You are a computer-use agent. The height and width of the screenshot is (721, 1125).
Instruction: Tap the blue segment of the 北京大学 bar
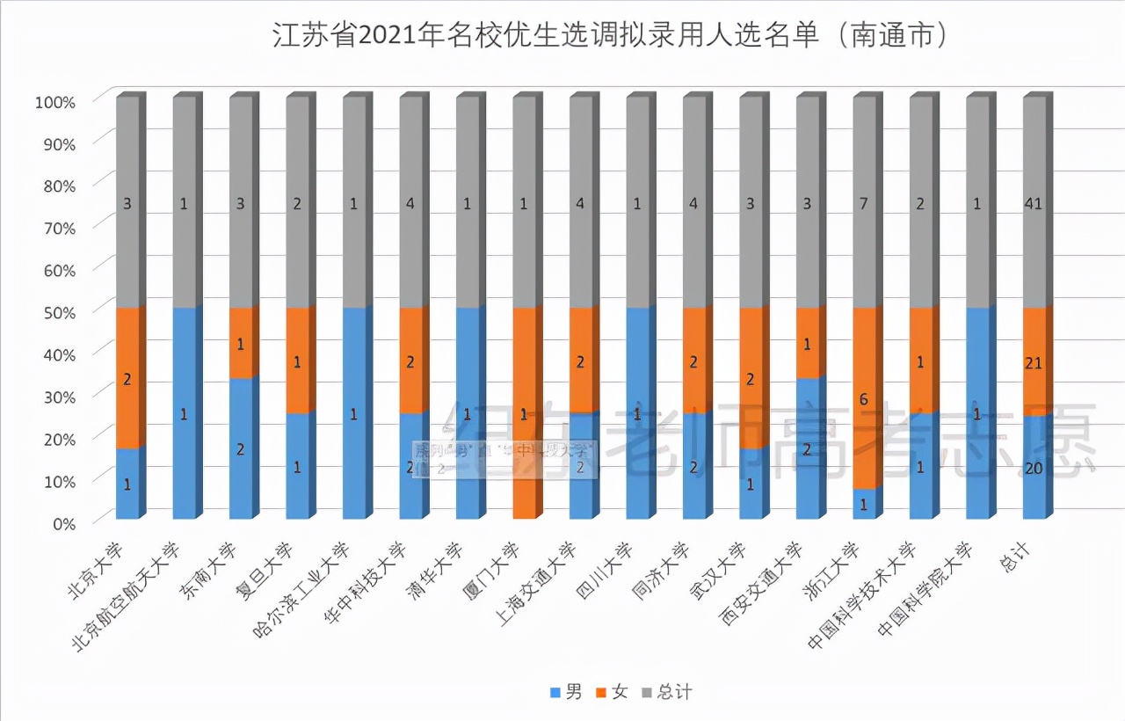pyautogui.click(x=127, y=484)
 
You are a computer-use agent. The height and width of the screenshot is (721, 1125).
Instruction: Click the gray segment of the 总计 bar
pyautogui.click(x=1034, y=202)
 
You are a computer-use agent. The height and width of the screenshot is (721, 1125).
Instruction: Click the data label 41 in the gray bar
pyautogui.click(x=1034, y=204)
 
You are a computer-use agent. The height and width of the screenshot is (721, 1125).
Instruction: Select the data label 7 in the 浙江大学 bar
pyautogui.click(x=864, y=204)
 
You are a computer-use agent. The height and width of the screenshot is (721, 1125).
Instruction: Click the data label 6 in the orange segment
pyautogui.click(x=864, y=399)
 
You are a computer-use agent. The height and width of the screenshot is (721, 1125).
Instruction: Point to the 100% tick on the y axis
pyautogui.click(x=56, y=101)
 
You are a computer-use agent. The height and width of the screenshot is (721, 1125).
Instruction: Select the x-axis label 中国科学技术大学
pyautogui.click(x=866, y=594)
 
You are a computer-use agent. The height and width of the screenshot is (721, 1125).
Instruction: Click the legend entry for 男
pyautogui.click(x=566, y=693)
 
